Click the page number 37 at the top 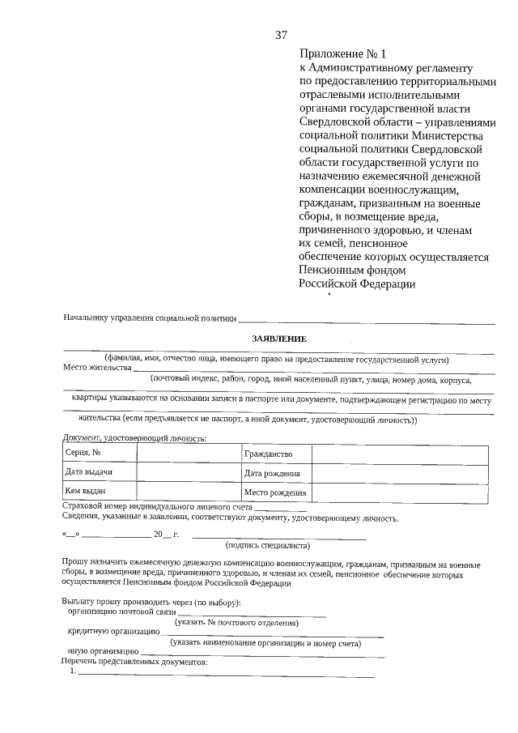281,34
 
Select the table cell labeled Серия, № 99,453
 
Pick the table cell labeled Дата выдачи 99,472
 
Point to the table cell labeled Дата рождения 277,473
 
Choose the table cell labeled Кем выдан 99,491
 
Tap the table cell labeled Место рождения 277,492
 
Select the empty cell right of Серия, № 189,453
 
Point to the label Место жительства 97,367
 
